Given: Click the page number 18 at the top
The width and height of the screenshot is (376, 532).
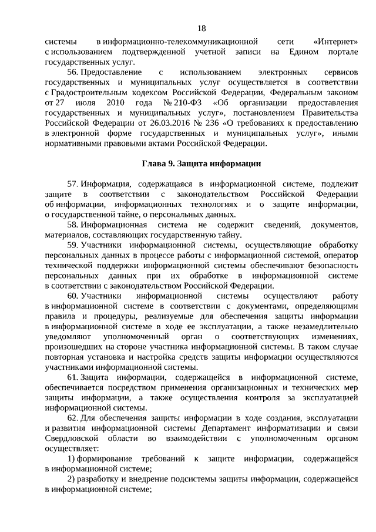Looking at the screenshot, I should point(202,28).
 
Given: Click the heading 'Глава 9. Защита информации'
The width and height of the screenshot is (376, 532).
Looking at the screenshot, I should point(201,163).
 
